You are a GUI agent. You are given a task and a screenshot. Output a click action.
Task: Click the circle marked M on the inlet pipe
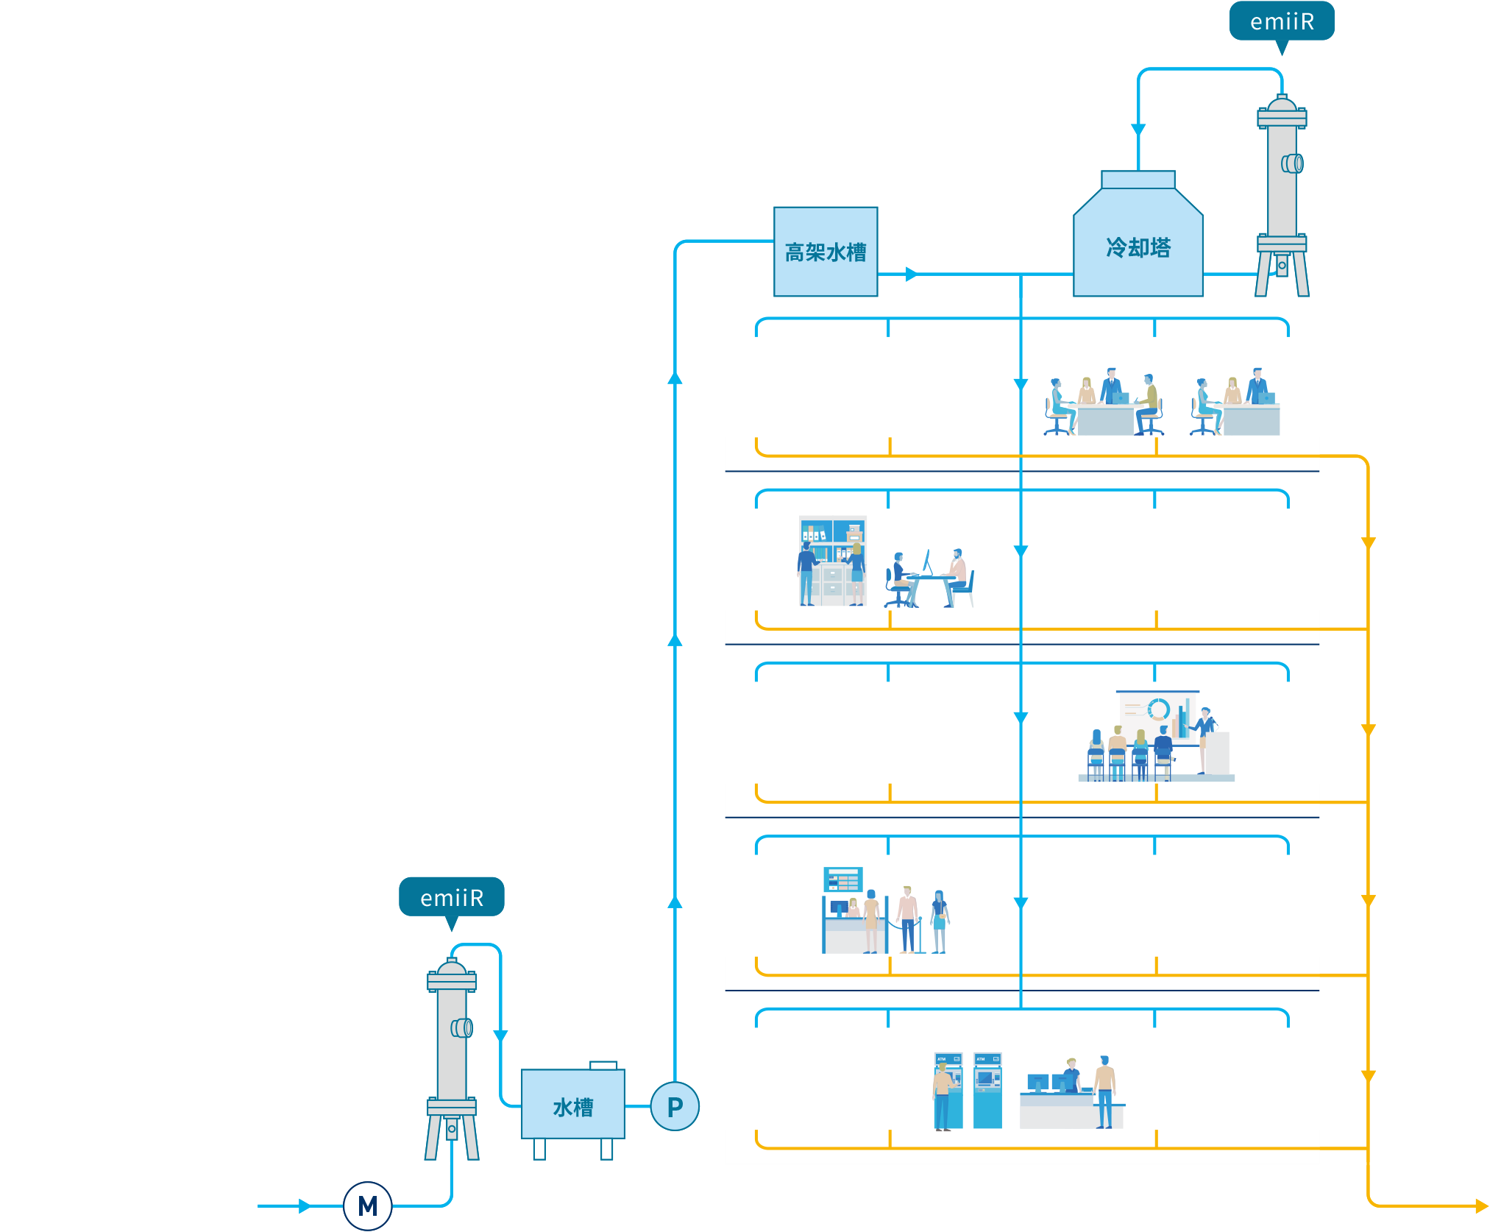tap(367, 1206)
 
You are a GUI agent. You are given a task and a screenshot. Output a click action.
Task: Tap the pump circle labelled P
tap(675, 1106)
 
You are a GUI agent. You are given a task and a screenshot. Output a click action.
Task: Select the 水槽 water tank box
tap(573, 1105)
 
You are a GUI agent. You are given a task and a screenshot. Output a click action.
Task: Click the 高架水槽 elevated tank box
tap(826, 252)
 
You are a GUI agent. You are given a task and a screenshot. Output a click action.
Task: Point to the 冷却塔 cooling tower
tap(1138, 243)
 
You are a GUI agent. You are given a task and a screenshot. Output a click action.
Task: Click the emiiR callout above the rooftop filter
tap(1282, 21)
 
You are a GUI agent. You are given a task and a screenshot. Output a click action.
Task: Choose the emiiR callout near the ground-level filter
tap(452, 897)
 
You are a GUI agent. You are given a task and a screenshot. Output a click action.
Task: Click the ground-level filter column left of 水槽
tap(452, 1052)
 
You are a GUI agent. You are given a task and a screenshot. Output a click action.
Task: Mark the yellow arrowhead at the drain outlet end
tap(1481, 1206)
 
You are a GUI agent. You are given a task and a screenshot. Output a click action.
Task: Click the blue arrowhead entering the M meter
tap(305, 1206)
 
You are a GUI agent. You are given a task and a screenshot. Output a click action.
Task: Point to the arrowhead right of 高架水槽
tap(912, 274)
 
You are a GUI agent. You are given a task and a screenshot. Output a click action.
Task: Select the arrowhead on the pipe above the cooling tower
tap(1138, 130)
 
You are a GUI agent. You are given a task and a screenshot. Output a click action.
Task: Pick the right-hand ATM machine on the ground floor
tap(987, 1091)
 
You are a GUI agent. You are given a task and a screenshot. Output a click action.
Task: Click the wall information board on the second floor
tap(843, 879)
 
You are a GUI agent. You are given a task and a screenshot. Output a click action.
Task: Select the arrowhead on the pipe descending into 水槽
tap(500, 1035)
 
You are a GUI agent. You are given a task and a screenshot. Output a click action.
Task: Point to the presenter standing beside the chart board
tap(1204, 736)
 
